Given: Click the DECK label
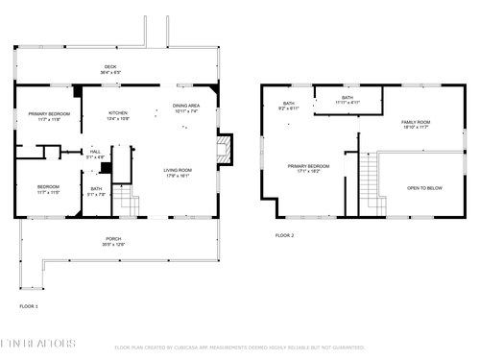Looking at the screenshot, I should (x=110, y=68).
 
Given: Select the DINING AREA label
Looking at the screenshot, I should (x=186, y=108).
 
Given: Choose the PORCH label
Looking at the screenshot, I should (x=113, y=241).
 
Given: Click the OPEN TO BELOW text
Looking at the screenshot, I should (x=424, y=188).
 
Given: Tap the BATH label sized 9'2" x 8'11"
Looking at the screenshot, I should (x=289, y=106).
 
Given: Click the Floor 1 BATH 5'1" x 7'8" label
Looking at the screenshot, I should (x=96, y=191).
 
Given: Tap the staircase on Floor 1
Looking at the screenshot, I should (x=131, y=204).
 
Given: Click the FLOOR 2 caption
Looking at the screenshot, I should (x=284, y=235).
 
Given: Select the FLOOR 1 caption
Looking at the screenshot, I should (x=29, y=306).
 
